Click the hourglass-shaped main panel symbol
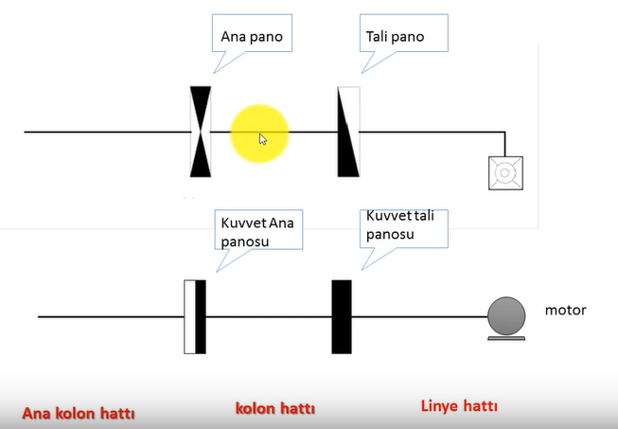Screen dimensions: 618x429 pyautogui.click(x=201, y=132)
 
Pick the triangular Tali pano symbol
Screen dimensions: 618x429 pyautogui.click(x=348, y=132)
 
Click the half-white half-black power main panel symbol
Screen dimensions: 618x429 pyautogui.click(x=195, y=316)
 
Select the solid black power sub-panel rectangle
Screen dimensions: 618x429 pyautogui.click(x=342, y=316)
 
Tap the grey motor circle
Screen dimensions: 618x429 pyautogui.click(x=506, y=316)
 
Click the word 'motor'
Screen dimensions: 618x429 pyautogui.click(x=566, y=311)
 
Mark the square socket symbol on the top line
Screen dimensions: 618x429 pyautogui.click(x=505, y=173)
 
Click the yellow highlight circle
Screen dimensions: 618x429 pyautogui.click(x=259, y=134)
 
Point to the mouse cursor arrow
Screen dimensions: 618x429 pyautogui.click(x=262, y=139)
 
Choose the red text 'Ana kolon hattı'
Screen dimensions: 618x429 pyautogui.click(x=79, y=413)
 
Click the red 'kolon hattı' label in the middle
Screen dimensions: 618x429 pyautogui.click(x=275, y=408)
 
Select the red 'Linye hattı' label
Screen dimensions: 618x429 pyautogui.click(x=459, y=405)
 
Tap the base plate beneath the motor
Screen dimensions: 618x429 pyautogui.click(x=506, y=338)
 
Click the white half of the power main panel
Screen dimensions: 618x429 pyautogui.click(x=189, y=316)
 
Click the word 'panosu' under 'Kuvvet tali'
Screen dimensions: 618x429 pyautogui.click(x=390, y=234)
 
